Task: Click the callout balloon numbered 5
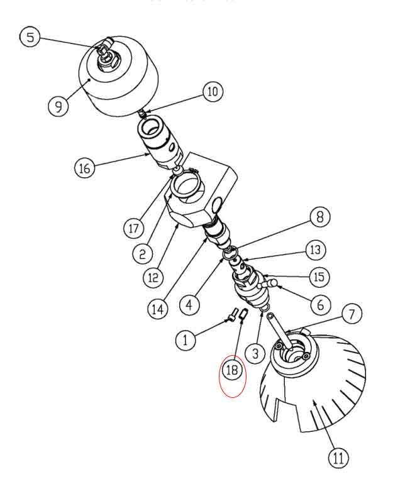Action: pyautogui.click(x=30, y=37)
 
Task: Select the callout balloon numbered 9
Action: pyautogui.click(x=58, y=105)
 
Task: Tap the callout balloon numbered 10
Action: pyautogui.click(x=212, y=92)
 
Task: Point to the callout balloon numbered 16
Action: pyautogui.click(x=85, y=168)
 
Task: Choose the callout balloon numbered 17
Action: pyautogui.click(x=133, y=228)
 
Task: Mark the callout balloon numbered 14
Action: pyautogui.click(x=159, y=309)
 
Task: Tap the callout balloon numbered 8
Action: pyautogui.click(x=319, y=217)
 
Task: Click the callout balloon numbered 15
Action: pyautogui.click(x=319, y=277)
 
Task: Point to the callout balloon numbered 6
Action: pyautogui.click(x=321, y=305)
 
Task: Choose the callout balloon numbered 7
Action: pyautogui.click(x=352, y=312)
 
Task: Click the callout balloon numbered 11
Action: pyautogui.click(x=338, y=458)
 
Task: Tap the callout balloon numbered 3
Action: pyautogui.click(x=255, y=353)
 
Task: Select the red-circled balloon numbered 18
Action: pyautogui.click(x=232, y=370)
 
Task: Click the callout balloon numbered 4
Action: pyautogui.click(x=189, y=305)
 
